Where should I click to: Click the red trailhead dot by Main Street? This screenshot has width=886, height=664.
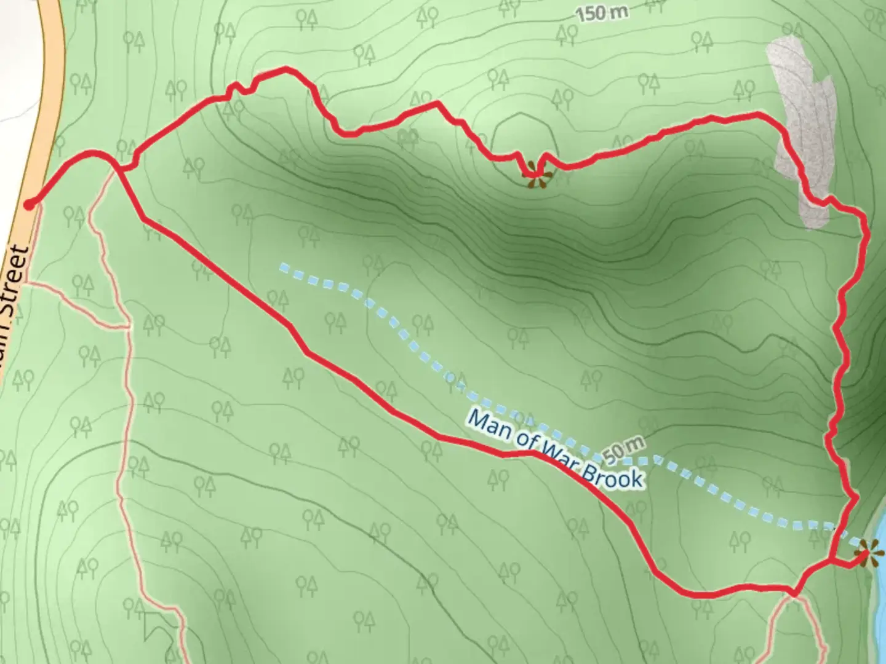tap(29, 204)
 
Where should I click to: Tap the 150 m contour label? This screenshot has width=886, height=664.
tap(599, 14)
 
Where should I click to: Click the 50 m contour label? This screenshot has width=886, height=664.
tap(624, 450)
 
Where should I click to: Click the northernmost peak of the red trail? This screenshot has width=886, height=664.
tap(285, 69)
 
